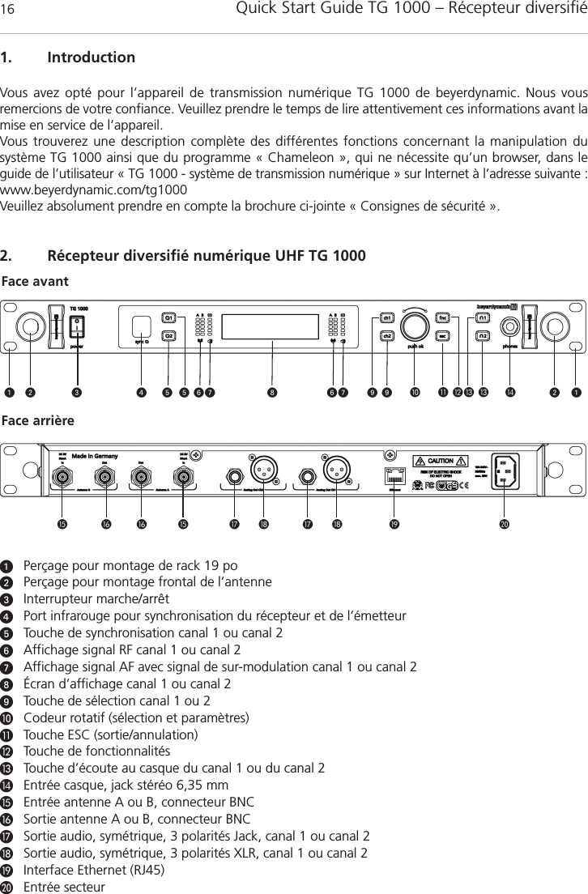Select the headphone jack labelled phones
pyautogui.click(x=510, y=326)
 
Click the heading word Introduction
pyautogui.click(x=92, y=58)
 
